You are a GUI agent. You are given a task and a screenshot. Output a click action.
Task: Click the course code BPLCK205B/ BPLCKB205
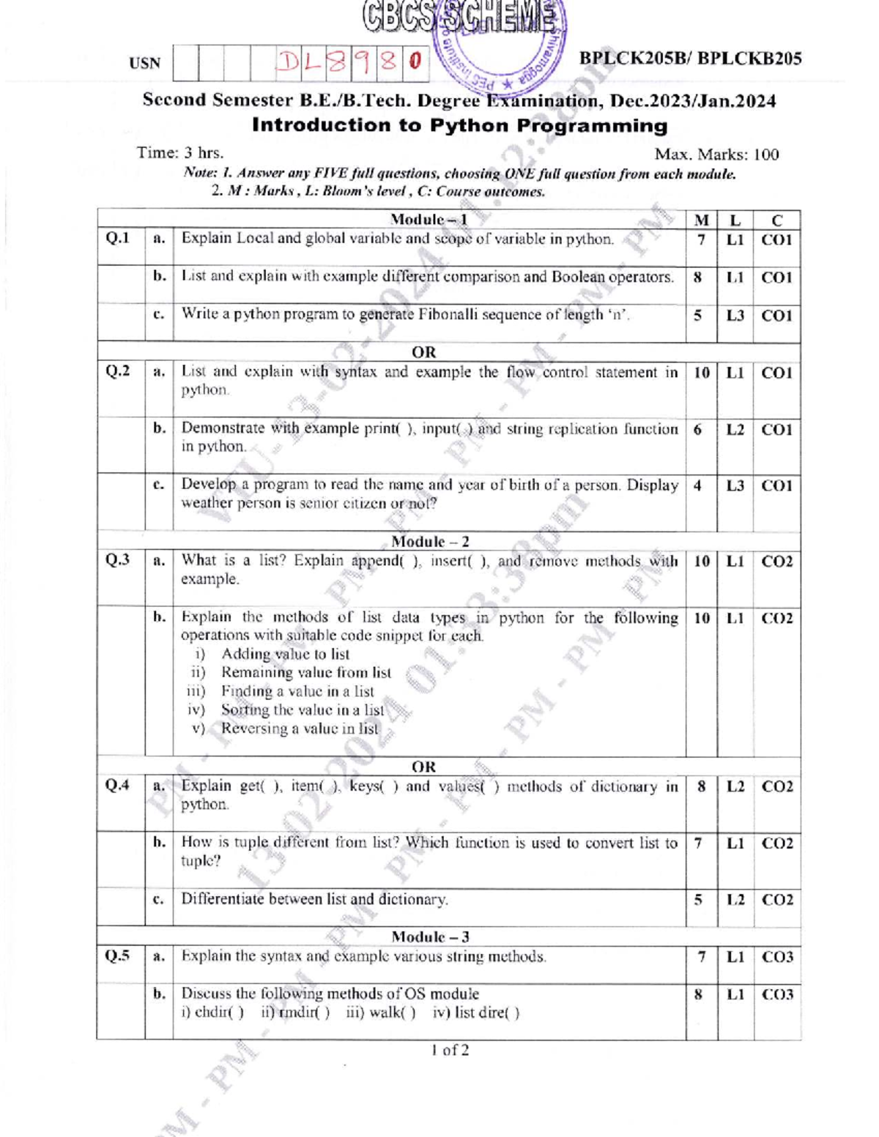[690, 59]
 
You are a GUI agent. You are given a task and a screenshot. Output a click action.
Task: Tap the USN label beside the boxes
[144, 64]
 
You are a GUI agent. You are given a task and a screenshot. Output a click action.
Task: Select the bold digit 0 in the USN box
[415, 62]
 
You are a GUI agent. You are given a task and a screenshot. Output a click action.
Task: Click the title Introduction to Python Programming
[459, 125]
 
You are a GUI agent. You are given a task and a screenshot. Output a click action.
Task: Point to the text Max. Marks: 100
[716, 154]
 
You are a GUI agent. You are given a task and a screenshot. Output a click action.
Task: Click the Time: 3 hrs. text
[180, 153]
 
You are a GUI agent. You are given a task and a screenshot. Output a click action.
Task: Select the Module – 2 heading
[430, 542]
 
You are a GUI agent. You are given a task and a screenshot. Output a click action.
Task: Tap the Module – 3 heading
[430, 937]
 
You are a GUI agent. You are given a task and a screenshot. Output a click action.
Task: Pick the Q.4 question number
[118, 786]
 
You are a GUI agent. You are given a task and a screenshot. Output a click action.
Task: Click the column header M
[701, 220]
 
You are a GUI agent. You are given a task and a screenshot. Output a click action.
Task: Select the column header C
[776, 220]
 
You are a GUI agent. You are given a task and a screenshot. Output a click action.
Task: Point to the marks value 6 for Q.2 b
[697, 430]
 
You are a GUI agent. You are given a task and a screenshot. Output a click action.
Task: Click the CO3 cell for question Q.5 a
[777, 957]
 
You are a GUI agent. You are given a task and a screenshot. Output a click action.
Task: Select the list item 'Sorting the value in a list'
[302, 709]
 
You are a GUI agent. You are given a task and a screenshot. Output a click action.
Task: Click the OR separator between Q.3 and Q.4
[423, 767]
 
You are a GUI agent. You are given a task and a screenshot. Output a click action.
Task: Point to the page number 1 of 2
[450, 1050]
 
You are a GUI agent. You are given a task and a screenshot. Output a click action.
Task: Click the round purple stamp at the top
[498, 44]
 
